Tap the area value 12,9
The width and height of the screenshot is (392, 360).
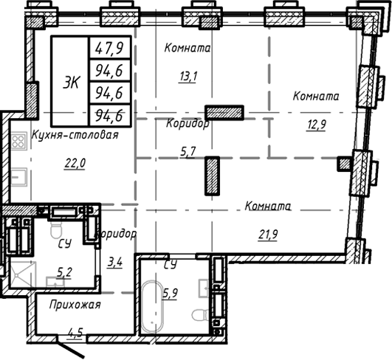[x=316, y=123]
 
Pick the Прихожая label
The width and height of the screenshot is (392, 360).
[x=75, y=304]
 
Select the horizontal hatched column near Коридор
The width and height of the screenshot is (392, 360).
[x=224, y=113]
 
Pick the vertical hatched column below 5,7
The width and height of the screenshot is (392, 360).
[x=212, y=176]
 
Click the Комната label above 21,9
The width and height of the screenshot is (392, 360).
[x=267, y=207]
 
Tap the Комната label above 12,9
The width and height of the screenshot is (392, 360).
[x=316, y=96]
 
